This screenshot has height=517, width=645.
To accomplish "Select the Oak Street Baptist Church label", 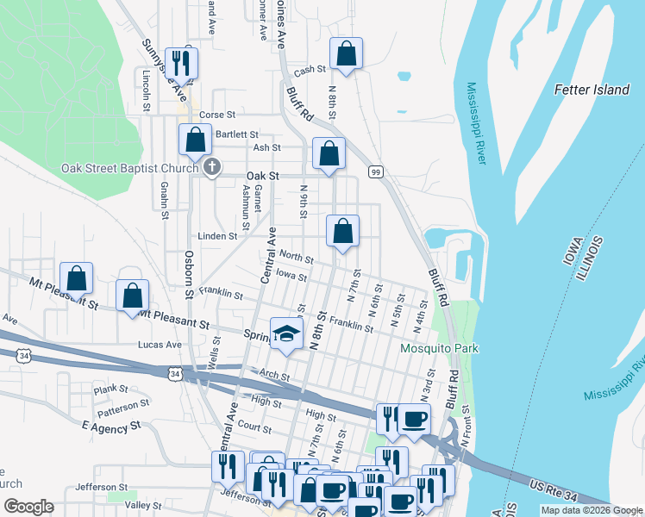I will (x=129, y=168).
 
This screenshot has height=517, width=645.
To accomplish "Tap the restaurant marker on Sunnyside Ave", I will (x=181, y=63).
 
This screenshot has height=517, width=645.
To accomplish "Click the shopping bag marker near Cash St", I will (x=346, y=53).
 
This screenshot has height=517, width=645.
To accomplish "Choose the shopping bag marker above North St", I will (x=342, y=231).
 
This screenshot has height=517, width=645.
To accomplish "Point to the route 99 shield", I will (x=376, y=172).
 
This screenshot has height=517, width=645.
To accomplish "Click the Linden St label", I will (x=217, y=236).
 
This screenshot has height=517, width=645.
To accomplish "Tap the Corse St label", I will (x=217, y=115).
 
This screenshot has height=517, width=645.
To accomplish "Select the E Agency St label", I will (x=110, y=427).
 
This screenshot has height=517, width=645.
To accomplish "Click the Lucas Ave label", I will (x=160, y=345).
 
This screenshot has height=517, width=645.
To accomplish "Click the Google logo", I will (x=28, y=507).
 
